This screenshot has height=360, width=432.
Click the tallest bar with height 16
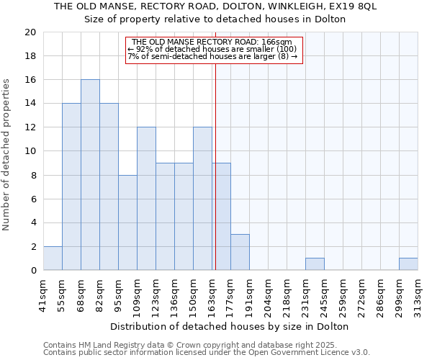click(90, 175)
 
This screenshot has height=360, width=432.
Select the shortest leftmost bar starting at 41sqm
click(53, 258)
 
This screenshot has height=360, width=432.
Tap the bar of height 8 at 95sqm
click(127, 222)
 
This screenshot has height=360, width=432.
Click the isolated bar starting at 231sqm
click(315, 264)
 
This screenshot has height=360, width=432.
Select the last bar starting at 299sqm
click(408, 264)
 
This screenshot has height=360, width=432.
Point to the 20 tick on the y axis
click(30, 32)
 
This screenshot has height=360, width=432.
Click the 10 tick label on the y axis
click(30, 151)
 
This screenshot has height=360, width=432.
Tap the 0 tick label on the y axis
click(32, 271)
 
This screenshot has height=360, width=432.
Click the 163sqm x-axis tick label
click(212, 293)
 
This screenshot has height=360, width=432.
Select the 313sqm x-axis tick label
click(418, 293)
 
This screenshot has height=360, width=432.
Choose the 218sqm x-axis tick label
click(287, 293)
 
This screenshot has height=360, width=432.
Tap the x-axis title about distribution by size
click(230, 326)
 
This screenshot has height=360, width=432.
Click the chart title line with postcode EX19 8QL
click(215, 6)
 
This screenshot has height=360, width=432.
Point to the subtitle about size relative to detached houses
click(215, 19)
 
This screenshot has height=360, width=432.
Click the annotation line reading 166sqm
click(212, 42)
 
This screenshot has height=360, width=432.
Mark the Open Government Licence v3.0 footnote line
click(207, 353)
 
